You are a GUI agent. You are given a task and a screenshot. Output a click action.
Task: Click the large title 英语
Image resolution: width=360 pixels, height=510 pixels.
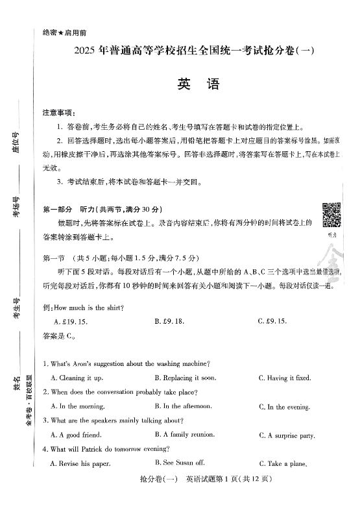189,86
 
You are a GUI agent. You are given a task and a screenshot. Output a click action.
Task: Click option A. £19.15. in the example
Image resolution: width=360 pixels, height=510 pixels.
71,321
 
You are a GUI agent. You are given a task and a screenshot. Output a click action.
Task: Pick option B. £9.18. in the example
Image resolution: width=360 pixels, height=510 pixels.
169,321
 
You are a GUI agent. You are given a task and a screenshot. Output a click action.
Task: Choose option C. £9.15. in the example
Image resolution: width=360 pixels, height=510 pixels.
272,321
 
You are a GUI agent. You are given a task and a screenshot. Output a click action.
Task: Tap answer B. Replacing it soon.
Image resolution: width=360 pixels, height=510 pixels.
185,378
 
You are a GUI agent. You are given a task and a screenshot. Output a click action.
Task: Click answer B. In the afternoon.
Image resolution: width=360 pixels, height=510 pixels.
183,406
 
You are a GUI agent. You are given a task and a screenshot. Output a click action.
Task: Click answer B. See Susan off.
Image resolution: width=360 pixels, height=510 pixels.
180,463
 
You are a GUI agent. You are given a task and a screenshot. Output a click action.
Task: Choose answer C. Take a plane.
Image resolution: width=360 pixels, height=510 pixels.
282,464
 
